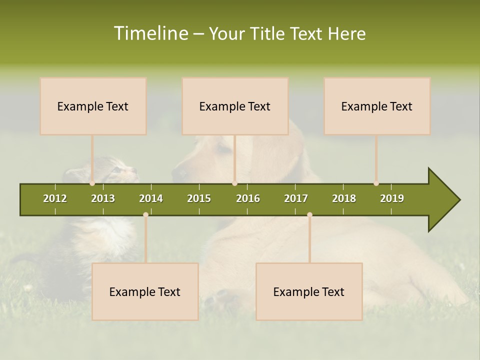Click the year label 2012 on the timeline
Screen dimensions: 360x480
pos(55,198)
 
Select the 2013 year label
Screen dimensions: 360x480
pos(103,198)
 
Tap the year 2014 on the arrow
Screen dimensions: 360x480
pos(151,198)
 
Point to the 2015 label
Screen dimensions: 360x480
pos(199,198)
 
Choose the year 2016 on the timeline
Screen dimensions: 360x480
pos(248,198)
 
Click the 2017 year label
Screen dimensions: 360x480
pos(296,198)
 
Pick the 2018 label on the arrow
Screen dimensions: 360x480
pos(344,198)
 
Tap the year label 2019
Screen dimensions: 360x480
pos(392,198)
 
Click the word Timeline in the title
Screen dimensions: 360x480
pos(150,33)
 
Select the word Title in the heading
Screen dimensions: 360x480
pos(267,33)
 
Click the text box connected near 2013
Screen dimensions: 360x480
pos(93,106)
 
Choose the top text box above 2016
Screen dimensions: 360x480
pos(235,106)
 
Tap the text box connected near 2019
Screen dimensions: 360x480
pos(377,106)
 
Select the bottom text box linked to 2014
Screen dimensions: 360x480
pos(145,291)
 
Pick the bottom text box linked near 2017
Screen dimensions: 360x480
pos(309,291)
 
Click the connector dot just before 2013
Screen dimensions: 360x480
pos(92,183)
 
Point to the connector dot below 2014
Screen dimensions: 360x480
pos(145,214)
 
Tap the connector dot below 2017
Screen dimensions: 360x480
pos(309,214)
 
